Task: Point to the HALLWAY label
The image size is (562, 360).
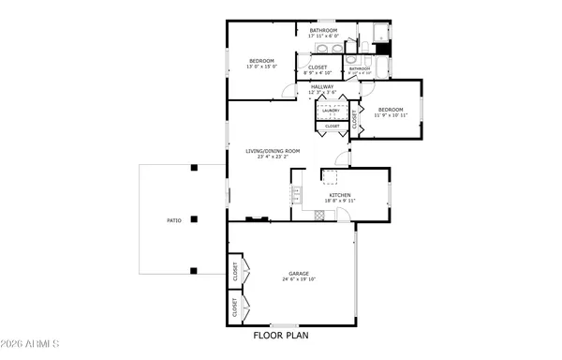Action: pos(321,87)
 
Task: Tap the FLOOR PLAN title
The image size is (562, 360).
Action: pos(280,335)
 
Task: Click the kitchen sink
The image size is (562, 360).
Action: pos(295,194)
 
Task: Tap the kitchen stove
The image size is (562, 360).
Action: pos(318,214)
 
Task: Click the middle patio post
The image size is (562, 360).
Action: pos(193,220)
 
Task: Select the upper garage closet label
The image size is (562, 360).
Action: pos(233,272)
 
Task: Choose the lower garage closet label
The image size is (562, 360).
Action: pos(233,307)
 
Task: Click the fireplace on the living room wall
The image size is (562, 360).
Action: pos(256,219)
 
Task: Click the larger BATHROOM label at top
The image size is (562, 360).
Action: pos(323,31)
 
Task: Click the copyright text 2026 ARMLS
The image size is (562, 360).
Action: pos(32,341)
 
